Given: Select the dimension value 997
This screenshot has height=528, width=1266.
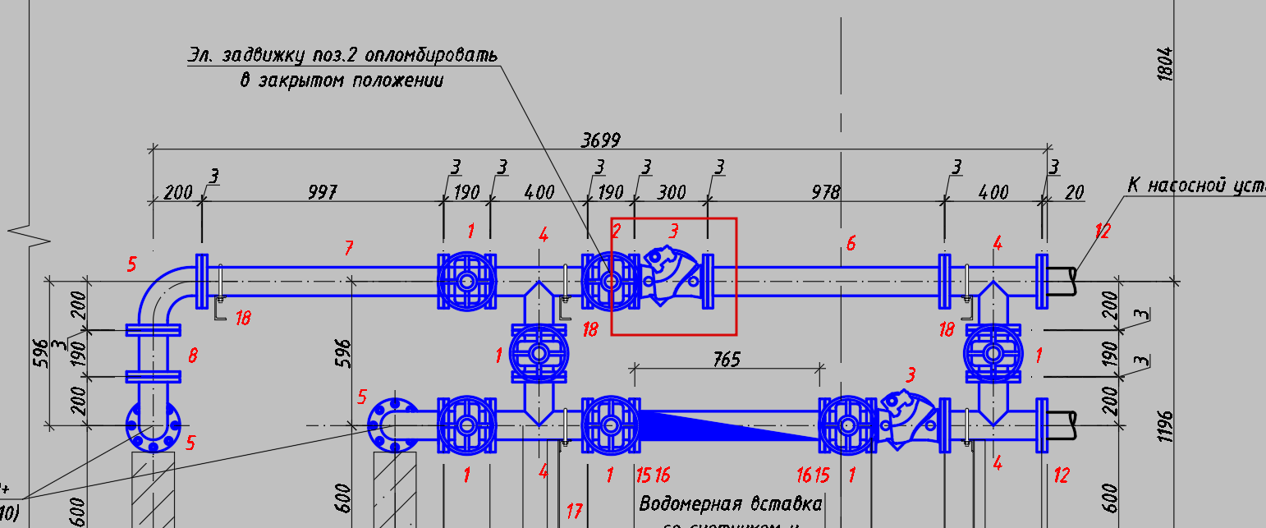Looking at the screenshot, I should [x=322, y=193].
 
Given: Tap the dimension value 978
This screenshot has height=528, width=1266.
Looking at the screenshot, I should [x=825, y=193].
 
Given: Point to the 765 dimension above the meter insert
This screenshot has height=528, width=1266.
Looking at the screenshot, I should [x=727, y=360].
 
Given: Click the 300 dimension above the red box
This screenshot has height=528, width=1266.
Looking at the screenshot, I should [x=671, y=193].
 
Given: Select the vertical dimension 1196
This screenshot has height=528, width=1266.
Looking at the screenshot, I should [x=1165, y=425].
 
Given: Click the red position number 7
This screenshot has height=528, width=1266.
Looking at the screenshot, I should [x=349, y=247].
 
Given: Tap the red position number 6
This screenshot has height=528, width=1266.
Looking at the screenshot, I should [x=851, y=243].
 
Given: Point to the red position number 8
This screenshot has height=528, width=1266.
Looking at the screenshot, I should [x=193, y=356].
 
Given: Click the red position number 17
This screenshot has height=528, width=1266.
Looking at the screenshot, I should [x=574, y=512].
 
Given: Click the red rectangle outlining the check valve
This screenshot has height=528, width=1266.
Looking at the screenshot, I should [x=673, y=219].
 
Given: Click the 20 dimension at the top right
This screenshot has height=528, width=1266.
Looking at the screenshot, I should [x=1074, y=193].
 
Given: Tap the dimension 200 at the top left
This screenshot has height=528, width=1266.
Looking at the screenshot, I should [x=177, y=193].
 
